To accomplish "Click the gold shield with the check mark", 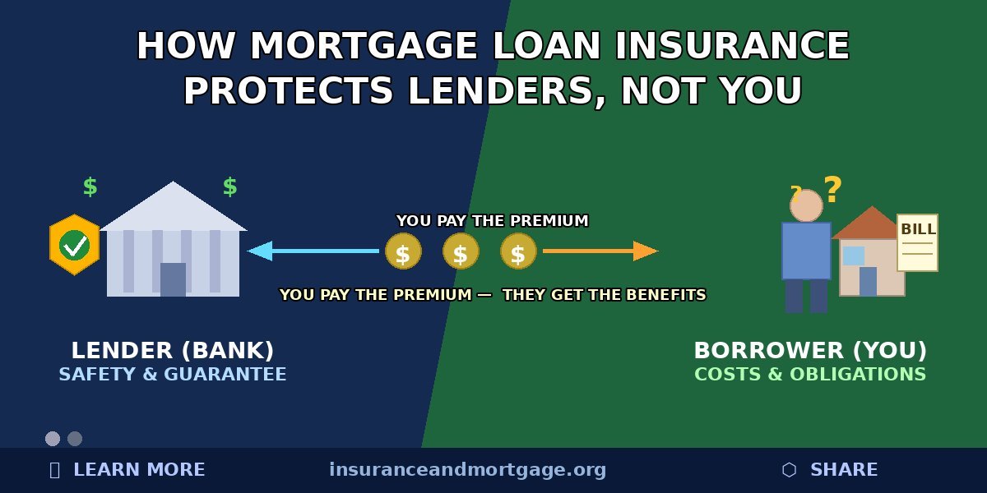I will click(74, 245).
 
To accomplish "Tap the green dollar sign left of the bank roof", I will click(90, 187).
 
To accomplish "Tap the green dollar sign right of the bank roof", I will click(230, 187).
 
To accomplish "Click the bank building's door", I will click(173, 279).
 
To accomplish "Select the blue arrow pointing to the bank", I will click(313, 251).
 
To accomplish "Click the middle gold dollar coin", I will click(461, 251).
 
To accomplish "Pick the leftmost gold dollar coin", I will click(403, 251).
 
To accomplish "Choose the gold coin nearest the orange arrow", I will click(518, 251).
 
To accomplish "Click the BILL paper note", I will click(917, 242).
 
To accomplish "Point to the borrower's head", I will click(806, 205).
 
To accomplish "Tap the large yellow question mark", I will click(832, 191).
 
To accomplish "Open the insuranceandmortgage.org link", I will click(467, 470).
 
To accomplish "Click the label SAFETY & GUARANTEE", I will click(173, 375).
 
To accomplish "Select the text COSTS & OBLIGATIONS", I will click(810, 375).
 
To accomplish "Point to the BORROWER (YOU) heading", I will click(810, 351).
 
